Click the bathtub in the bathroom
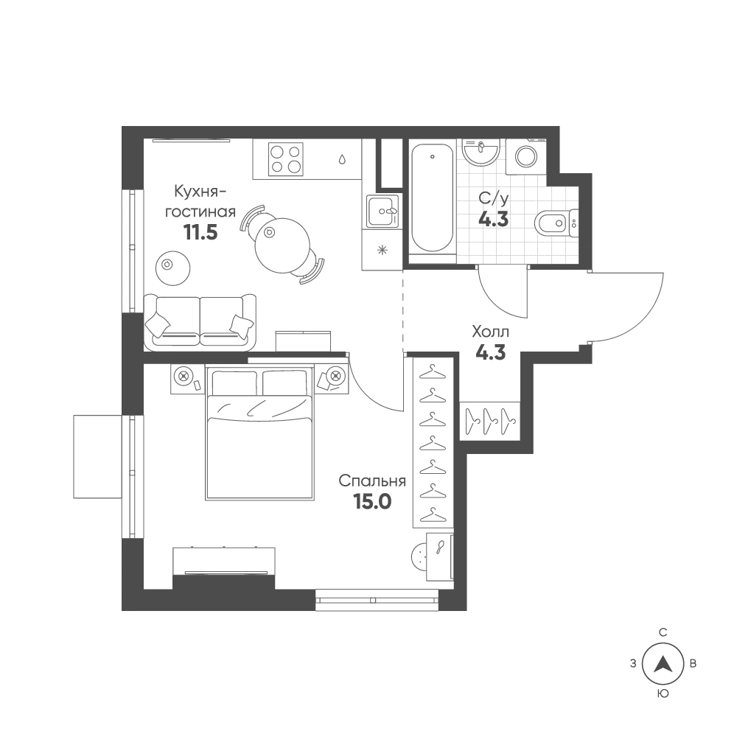coord(433,198)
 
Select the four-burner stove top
coord(285,159)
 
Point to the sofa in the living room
coord(200,323)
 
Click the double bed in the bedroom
coord(259,433)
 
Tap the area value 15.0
coord(372,502)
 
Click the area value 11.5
coord(200,232)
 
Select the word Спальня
coord(372,481)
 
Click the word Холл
coord(490,332)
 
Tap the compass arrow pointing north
coord(663,663)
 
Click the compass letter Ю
coord(663,693)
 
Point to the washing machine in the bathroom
coord(526,156)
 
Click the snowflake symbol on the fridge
coord(382,250)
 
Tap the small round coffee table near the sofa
coord(172,268)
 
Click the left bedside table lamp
coord(184,376)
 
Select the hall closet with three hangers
coord(490,421)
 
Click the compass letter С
coord(663,632)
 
